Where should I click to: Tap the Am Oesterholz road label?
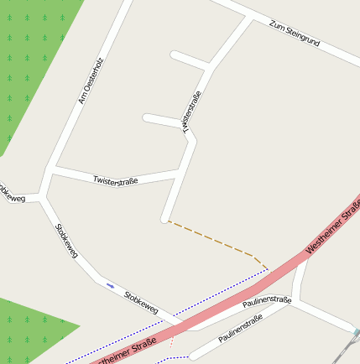[88, 86]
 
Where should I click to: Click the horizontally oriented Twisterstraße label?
[116, 180]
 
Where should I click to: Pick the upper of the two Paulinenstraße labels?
[266, 302]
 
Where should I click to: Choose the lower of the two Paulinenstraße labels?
[241, 328]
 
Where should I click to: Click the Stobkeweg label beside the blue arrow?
[140, 302]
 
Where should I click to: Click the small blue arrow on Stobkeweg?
[110, 286]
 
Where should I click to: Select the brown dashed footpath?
[214, 238]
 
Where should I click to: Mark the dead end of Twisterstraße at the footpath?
[165, 220]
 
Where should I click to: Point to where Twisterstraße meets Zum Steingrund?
[251, 18]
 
